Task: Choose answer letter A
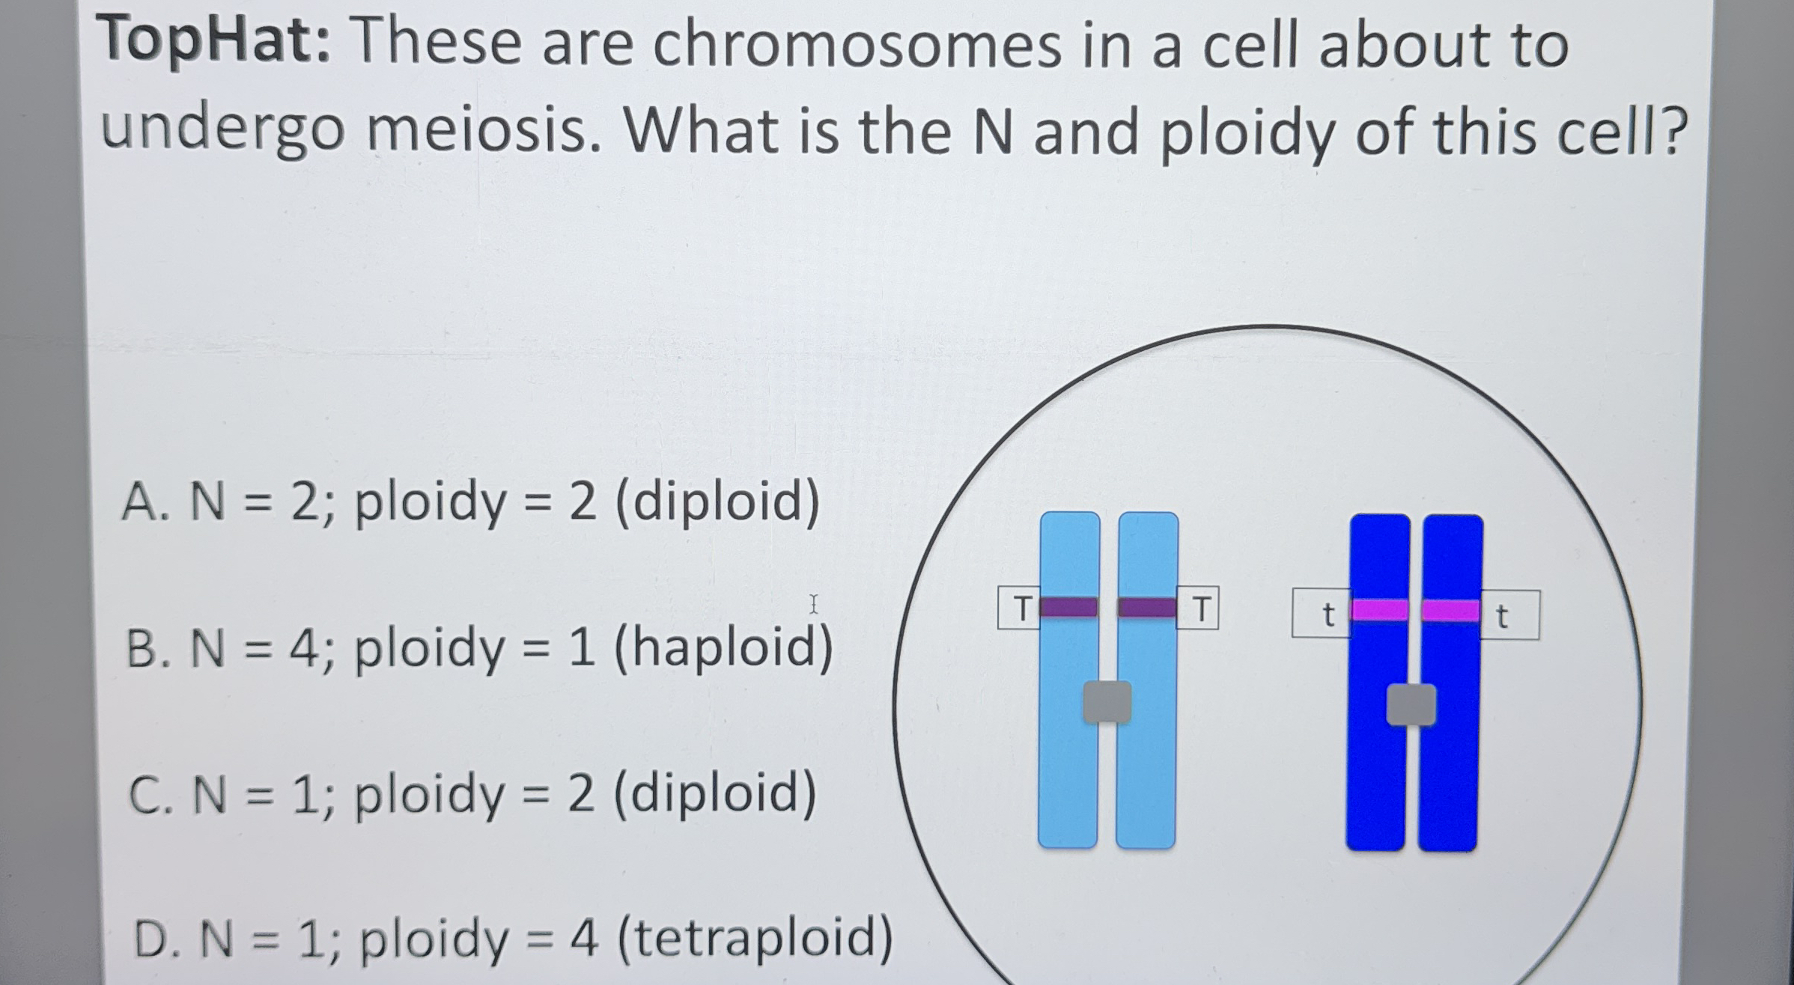point(142,502)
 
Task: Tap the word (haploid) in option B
point(723,648)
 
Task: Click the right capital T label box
point(1198,609)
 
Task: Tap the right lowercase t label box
point(1508,616)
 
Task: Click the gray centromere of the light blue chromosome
point(1107,702)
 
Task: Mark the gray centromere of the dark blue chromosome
point(1411,705)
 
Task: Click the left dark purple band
point(1068,607)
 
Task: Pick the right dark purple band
point(1146,607)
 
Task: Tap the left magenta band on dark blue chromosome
point(1379,610)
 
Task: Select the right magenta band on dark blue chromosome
point(1450,611)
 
